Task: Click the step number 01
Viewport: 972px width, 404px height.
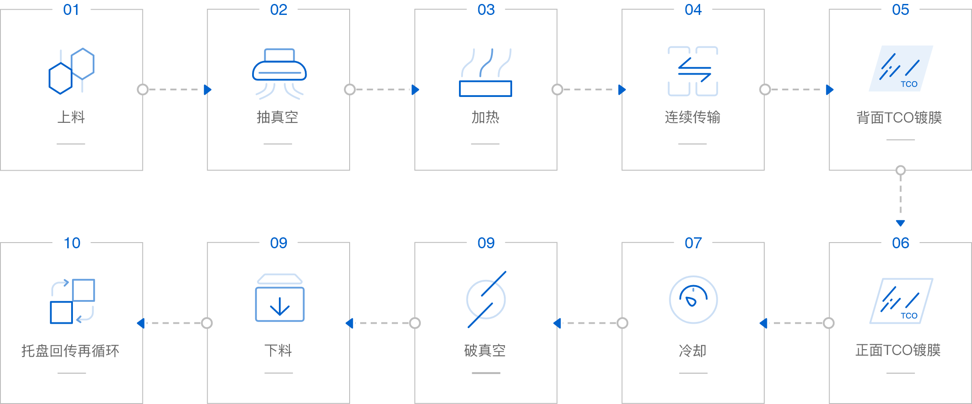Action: click(x=71, y=10)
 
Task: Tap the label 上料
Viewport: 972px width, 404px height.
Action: click(x=71, y=117)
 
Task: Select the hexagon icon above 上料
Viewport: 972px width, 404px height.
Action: click(x=71, y=71)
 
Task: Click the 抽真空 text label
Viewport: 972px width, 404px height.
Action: click(x=278, y=117)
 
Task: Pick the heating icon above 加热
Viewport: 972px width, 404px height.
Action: click(x=485, y=72)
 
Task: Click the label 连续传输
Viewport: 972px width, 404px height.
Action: click(x=693, y=117)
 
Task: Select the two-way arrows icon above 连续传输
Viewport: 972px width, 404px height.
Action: click(x=693, y=71)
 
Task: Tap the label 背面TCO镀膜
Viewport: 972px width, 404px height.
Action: click(x=900, y=118)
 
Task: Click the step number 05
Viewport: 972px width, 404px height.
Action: click(x=900, y=10)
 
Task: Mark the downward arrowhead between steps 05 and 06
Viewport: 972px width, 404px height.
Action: click(x=900, y=223)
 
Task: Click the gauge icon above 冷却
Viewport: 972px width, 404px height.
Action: click(x=693, y=300)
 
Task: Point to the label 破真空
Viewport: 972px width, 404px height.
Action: click(x=485, y=350)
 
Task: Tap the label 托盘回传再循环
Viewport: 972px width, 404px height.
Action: click(x=71, y=350)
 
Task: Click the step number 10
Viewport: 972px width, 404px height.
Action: click(x=72, y=243)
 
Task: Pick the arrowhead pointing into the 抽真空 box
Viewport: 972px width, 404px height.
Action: click(x=208, y=90)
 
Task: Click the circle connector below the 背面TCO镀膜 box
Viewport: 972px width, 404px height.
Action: click(x=900, y=170)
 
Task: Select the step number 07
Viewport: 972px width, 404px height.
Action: click(x=693, y=243)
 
